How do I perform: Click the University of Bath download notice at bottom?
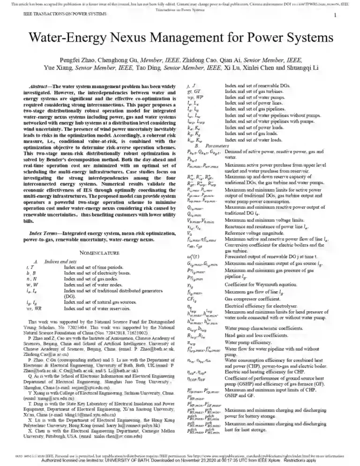point(180,461)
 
